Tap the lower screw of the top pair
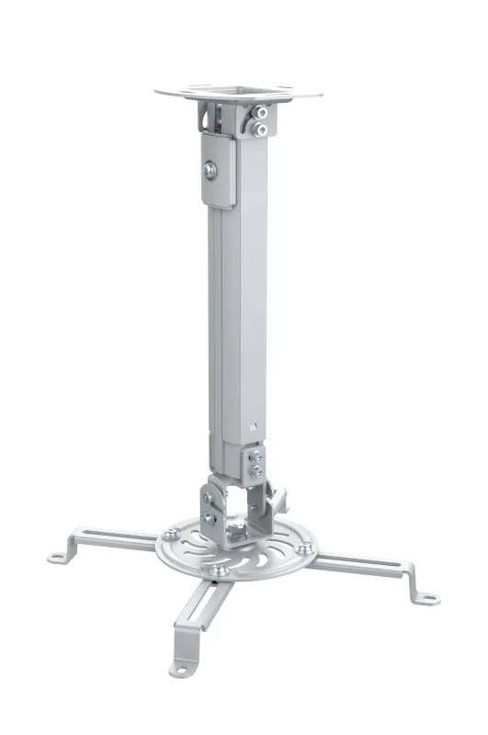(x=263, y=130)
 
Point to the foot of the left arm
(x=59, y=554)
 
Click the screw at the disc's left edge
(x=171, y=533)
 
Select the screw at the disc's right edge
(x=300, y=551)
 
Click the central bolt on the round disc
(x=237, y=531)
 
